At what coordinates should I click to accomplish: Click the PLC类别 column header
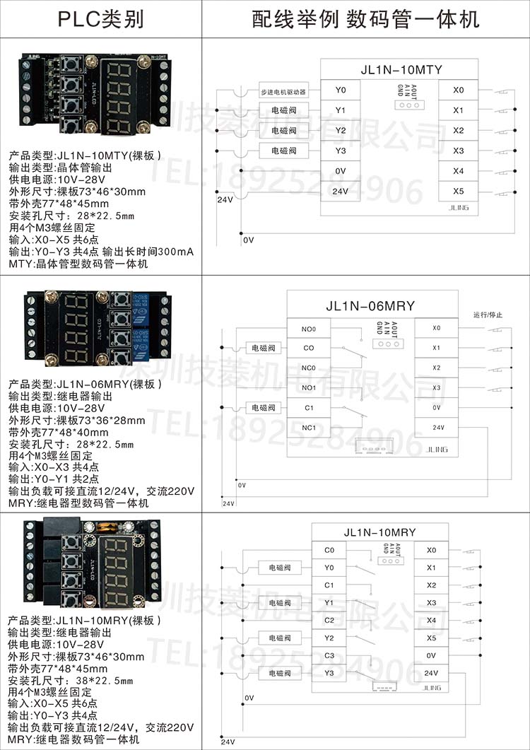pyautogui.click(x=100, y=19)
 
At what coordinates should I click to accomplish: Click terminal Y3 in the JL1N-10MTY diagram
pyautogui.click(x=341, y=151)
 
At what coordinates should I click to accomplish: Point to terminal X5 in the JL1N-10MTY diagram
pyautogui.click(x=459, y=191)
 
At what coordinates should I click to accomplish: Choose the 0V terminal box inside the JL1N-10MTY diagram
pyautogui.click(x=341, y=171)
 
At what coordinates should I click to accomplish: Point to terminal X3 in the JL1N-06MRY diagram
pyautogui.click(x=436, y=387)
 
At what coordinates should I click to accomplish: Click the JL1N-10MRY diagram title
pyautogui.click(x=379, y=532)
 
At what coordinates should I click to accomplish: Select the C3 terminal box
pyautogui.click(x=329, y=655)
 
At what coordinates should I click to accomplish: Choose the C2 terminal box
pyautogui.click(x=329, y=620)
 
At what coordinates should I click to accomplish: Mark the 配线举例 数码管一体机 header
pyautogui.click(x=365, y=19)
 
